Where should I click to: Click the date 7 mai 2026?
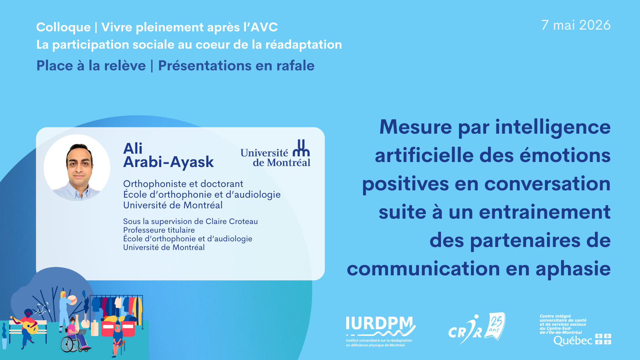pos(576,25)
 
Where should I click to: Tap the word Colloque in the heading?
pos(63,27)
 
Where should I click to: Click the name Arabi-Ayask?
pos(168,162)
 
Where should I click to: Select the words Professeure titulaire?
pos(159,230)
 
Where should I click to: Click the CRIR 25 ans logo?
pos(477,328)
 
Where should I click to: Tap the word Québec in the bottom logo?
pos(573,341)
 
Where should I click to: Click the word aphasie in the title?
pos(573,269)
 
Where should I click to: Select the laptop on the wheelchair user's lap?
pos(81,332)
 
